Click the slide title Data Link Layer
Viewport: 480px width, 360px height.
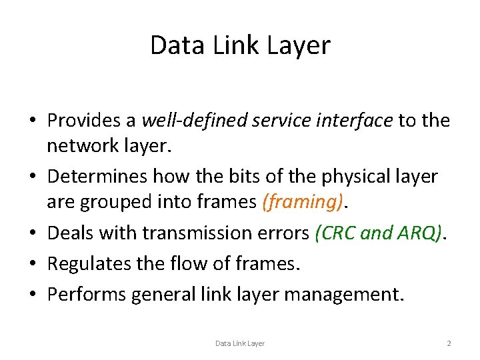[x=240, y=45]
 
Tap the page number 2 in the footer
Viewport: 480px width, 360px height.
[x=449, y=343]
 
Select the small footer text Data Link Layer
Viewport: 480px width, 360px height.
[x=239, y=343]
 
